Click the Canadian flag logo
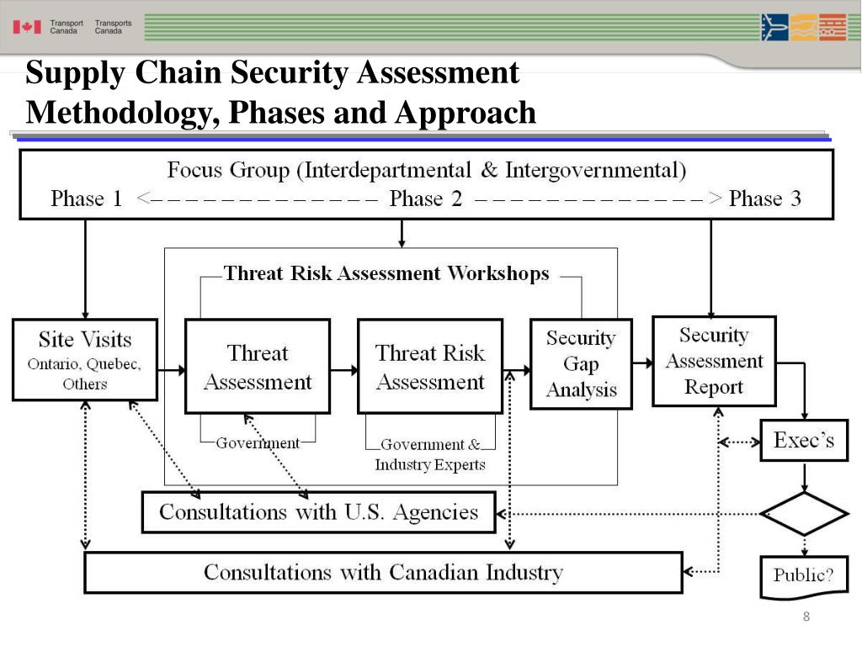[27, 27]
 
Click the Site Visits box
[85, 359]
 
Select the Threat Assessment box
[258, 366]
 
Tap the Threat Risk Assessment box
[430, 366]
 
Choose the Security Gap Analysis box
[581, 363]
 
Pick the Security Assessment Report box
[714, 360]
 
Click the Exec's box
[804, 440]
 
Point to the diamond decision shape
[804, 513]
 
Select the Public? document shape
[804, 576]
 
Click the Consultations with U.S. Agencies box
[318, 512]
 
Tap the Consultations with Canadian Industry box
[383, 573]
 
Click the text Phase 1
[86, 199]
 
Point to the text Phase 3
[764, 199]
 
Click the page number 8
[806, 618]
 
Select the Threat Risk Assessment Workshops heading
[386, 273]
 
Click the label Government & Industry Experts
[430, 455]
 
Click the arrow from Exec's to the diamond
[805, 477]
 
